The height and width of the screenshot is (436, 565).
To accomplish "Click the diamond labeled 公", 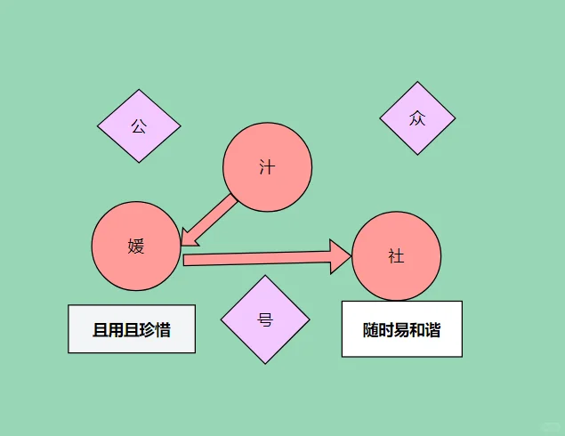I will [139, 125].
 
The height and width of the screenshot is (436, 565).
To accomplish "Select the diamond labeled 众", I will [417, 118].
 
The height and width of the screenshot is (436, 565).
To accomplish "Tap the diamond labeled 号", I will [265, 319].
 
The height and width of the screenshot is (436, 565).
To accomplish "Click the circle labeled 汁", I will [267, 167].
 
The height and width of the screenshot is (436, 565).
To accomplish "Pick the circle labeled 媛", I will [136, 246].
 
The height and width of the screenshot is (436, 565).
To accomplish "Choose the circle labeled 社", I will [396, 256].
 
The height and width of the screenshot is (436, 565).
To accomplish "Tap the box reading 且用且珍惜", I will [132, 329].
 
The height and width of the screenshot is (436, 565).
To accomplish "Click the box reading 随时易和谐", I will [401, 329].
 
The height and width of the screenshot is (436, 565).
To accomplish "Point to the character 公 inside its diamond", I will [139, 125].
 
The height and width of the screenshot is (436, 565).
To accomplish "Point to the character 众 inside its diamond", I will [417, 118].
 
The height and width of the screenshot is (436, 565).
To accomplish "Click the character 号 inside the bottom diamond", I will [265, 319].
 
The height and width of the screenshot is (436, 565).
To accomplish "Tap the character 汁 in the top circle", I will [267, 167].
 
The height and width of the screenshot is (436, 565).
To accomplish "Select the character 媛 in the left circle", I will [136, 246].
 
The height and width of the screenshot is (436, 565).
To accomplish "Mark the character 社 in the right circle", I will [396, 256].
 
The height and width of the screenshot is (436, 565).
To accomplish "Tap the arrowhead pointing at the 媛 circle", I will [189, 236].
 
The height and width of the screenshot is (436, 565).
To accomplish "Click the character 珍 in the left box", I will [147, 330].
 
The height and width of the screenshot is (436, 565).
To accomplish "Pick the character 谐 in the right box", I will [432, 330].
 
